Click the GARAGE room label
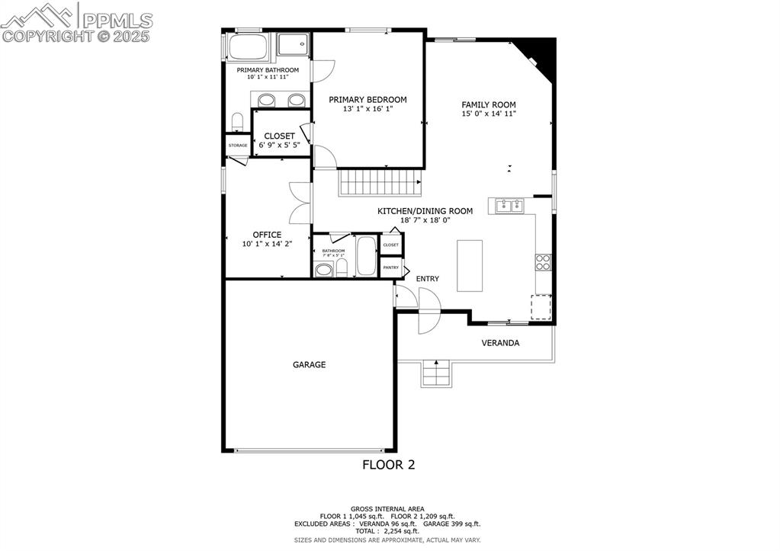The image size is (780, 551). tap(309, 365)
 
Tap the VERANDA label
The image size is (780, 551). tap(500, 343)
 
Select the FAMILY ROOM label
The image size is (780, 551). tap(489, 105)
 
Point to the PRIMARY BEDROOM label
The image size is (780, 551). tap(368, 100)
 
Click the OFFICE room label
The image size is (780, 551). tap(267, 235)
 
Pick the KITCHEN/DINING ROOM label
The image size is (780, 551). tap(425, 211)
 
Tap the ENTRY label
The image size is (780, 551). tap(427, 279)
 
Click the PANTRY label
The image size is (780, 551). tap(391, 267)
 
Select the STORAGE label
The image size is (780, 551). tap(237, 145)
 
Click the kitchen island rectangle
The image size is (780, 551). tap(470, 265)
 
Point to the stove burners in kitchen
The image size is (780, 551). tap(544, 262)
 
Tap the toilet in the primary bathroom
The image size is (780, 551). tap(237, 123)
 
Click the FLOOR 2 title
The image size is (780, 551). tap(388, 464)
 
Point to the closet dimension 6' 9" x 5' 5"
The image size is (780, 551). tap(279, 145)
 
